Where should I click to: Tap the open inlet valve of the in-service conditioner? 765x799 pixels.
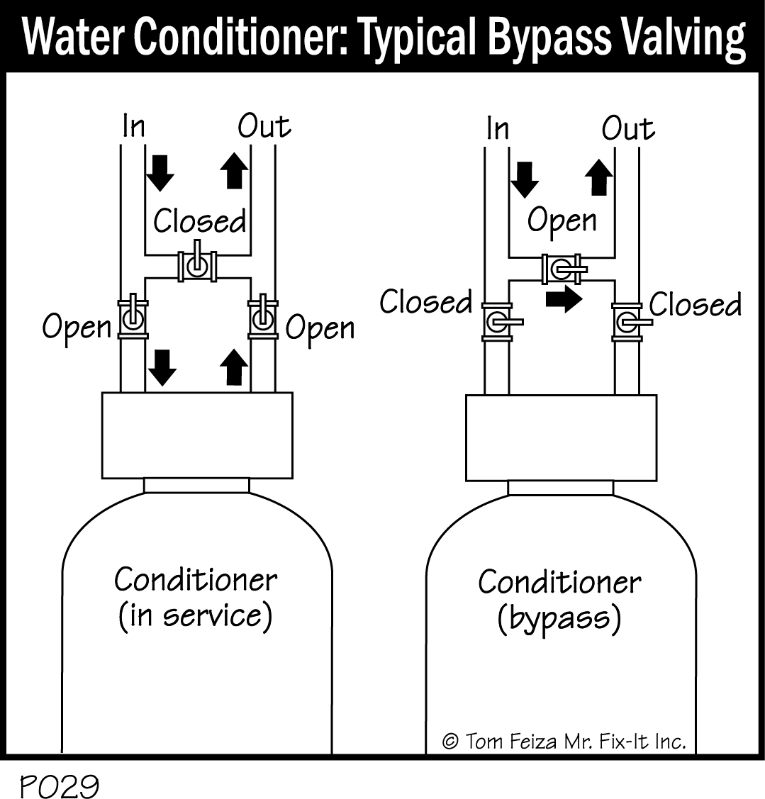(x=132, y=318)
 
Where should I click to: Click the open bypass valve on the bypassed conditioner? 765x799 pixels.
(x=562, y=269)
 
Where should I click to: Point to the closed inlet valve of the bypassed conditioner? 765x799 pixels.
(x=497, y=321)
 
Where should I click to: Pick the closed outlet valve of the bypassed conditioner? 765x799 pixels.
(x=627, y=322)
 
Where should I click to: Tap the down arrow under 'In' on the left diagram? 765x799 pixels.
(x=161, y=172)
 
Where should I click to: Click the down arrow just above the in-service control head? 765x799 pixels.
(x=163, y=367)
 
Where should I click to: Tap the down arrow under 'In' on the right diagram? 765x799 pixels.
(x=525, y=179)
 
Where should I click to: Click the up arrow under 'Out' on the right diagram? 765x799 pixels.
(x=599, y=177)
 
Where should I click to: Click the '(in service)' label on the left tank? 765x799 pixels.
(x=195, y=616)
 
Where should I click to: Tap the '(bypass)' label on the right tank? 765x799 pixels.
(x=559, y=620)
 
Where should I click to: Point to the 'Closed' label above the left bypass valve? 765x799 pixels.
(x=200, y=221)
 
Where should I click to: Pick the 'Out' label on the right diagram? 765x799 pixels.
(x=627, y=129)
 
